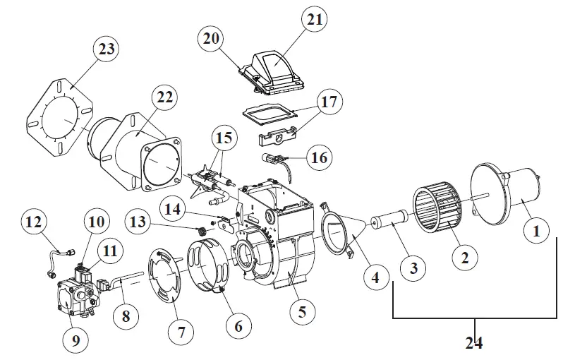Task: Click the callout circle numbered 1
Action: pos(535,229)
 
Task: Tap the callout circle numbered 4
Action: pos(375,277)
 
